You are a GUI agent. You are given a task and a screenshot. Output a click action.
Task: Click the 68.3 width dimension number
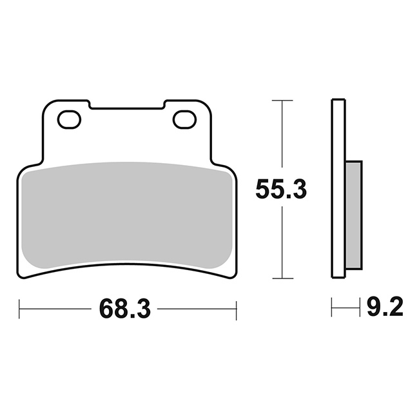click(x=125, y=309)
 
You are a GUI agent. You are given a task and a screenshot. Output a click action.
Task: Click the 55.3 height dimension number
click(x=281, y=190)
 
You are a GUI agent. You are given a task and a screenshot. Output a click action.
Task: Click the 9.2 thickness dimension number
click(x=385, y=307)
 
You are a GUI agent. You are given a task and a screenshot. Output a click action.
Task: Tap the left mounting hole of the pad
click(x=69, y=119)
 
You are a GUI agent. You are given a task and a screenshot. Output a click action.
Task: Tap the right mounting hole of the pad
click(x=184, y=119)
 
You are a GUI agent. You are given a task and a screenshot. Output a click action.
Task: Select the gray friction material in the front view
click(x=126, y=214)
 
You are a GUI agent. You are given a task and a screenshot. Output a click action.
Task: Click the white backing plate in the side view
click(x=338, y=189)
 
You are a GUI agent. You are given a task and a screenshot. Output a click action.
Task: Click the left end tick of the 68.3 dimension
click(x=19, y=309)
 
